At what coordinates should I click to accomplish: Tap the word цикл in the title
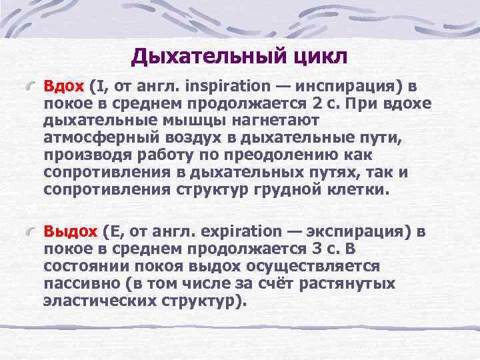[x=319, y=57]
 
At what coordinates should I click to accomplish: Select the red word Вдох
[x=64, y=86]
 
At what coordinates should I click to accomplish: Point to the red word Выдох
[x=71, y=231]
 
